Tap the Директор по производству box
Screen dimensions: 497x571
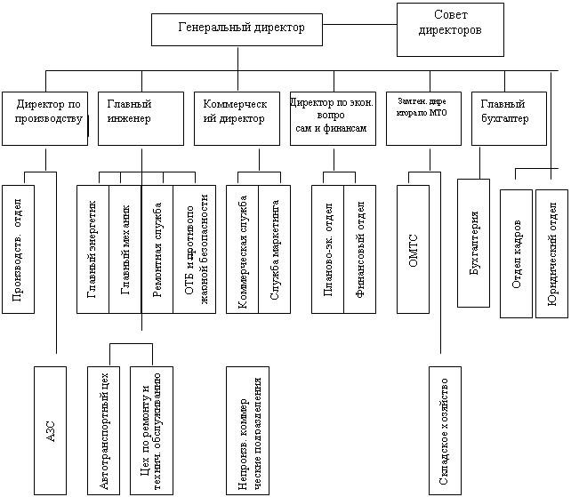coord(44,116)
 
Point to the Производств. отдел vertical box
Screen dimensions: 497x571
coord(19,249)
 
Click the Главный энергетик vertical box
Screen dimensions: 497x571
coord(93,249)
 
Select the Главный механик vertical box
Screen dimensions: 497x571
coord(125,249)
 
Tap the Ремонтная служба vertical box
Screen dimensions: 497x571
coord(157,249)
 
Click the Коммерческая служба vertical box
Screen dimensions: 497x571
coord(243,249)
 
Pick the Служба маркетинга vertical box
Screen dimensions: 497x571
coord(274,249)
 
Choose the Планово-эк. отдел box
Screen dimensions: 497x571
coord(328,249)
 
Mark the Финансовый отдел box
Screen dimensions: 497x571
coord(360,249)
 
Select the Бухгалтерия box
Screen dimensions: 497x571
coord(473,243)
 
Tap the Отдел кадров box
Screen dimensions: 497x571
coord(516,253)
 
